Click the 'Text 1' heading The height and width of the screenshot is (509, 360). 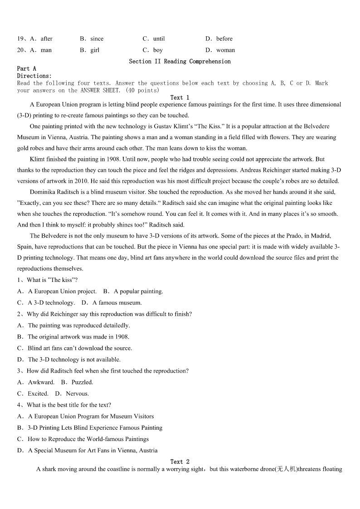click(x=180, y=97)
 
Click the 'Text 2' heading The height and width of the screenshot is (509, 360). click(x=180, y=461)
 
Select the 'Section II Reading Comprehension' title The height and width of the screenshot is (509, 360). click(x=180, y=61)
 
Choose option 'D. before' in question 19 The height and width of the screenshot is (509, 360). click(x=219, y=39)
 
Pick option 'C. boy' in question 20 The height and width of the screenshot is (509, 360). click(x=153, y=50)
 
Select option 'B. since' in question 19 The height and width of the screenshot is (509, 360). click(x=92, y=39)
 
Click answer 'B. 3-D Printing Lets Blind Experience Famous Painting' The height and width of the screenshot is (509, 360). click(x=90, y=427)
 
